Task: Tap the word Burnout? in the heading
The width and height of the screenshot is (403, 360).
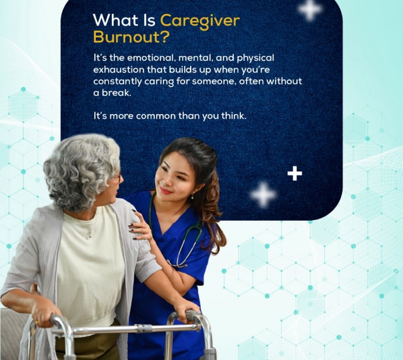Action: (131, 37)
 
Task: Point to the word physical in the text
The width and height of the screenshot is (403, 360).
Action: (255, 58)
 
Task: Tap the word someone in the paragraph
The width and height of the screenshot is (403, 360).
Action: (214, 82)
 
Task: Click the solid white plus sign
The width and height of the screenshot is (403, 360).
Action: (295, 173)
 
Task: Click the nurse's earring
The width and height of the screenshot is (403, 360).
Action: (192, 197)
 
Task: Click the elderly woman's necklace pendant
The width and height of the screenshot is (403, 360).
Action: (90, 234)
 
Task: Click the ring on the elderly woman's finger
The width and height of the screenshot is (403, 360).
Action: (37, 322)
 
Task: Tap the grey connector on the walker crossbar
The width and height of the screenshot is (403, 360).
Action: (144, 328)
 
